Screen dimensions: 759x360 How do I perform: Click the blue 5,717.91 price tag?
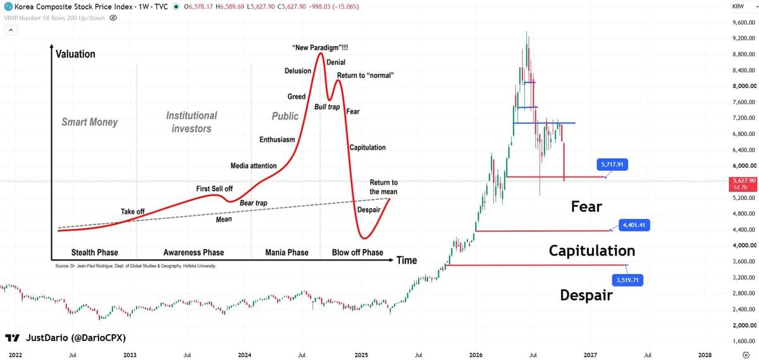(x=612, y=164)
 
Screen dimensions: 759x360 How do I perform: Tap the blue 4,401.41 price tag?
(x=634, y=225)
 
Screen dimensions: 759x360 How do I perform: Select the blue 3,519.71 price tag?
(x=627, y=280)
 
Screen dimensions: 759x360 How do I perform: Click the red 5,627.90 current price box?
(x=743, y=184)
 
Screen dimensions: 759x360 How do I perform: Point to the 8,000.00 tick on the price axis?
(x=744, y=86)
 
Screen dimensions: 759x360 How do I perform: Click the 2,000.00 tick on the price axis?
(x=744, y=325)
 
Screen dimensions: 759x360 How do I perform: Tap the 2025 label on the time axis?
(x=361, y=355)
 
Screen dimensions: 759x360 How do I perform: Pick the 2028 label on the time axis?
(x=705, y=355)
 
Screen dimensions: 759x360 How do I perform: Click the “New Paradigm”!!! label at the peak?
(x=320, y=47)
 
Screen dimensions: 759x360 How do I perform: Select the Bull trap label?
(x=327, y=107)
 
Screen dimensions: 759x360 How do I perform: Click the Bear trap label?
(x=254, y=202)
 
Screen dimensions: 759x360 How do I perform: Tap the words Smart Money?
(x=89, y=122)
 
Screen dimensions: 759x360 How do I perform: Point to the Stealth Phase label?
(x=94, y=252)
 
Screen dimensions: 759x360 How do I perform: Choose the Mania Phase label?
(x=287, y=252)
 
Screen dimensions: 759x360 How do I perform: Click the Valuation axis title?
(x=75, y=54)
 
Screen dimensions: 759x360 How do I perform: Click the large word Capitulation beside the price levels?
(x=592, y=251)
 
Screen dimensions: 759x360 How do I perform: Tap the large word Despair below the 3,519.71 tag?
(x=586, y=295)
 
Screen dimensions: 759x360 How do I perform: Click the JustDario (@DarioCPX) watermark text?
(x=76, y=338)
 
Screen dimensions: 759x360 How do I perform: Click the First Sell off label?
(x=214, y=189)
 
